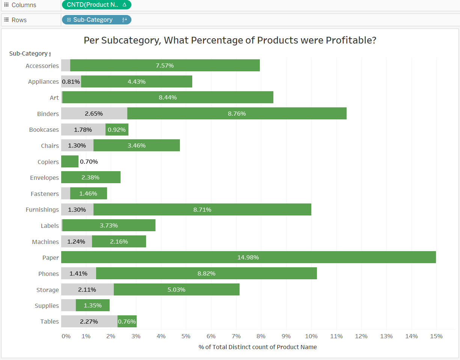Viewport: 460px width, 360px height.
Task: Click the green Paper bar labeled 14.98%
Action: click(x=248, y=258)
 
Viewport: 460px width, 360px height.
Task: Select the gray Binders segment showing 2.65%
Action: click(x=94, y=113)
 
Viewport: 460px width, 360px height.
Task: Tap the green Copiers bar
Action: click(x=70, y=162)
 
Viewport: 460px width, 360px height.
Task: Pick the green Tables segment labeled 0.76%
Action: click(x=127, y=321)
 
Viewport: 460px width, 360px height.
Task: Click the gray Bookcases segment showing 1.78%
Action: click(x=83, y=130)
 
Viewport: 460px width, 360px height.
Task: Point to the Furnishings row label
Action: click(x=42, y=209)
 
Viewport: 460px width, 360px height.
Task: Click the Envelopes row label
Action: click(x=44, y=178)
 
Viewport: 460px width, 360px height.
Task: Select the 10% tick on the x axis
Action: click(x=311, y=336)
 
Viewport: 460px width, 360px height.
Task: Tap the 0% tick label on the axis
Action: click(x=66, y=336)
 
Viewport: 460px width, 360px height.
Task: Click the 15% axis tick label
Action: click(x=436, y=336)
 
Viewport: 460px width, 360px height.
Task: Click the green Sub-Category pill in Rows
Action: click(x=96, y=20)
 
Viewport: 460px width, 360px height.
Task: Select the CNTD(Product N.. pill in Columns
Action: click(x=96, y=5)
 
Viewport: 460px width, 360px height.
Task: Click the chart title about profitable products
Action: click(x=230, y=40)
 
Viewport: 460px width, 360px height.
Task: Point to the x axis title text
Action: click(x=258, y=347)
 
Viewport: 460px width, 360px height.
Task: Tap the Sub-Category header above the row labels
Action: click(x=29, y=54)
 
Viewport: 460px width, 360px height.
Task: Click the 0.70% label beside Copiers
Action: click(x=89, y=162)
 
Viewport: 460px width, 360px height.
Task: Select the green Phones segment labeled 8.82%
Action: click(x=206, y=274)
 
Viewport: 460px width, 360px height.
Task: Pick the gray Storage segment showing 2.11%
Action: click(x=87, y=289)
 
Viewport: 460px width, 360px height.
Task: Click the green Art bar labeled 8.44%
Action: click(x=167, y=98)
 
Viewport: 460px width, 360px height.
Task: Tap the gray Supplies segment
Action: click(x=68, y=305)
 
